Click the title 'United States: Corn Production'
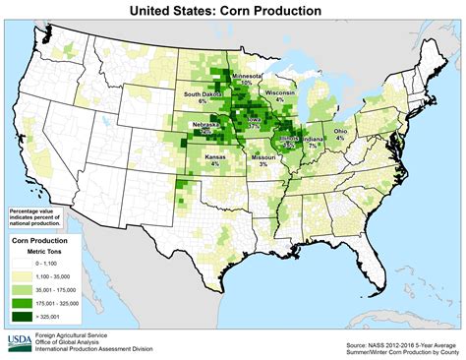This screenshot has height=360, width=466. (233, 11)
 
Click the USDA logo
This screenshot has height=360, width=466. (19, 341)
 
